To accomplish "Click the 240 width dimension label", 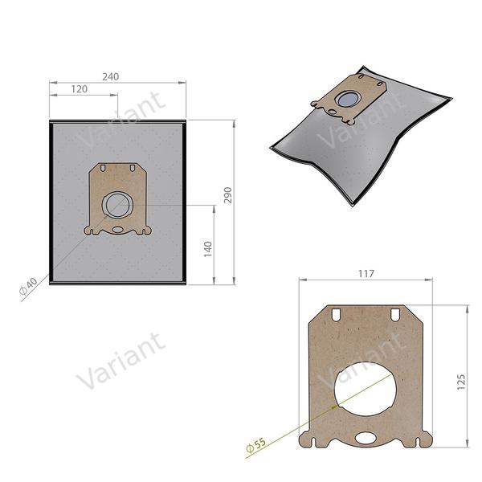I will coord(110,76).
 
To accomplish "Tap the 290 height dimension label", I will coord(227,195).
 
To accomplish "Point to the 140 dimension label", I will coord(207,248).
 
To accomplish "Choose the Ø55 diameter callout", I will coord(255,443).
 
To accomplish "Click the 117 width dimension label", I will coord(366,274).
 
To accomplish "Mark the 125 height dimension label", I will coord(460,381).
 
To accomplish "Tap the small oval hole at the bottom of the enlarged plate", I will coord(366,438).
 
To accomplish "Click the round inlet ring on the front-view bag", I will coord(117,203).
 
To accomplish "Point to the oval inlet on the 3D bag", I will coord(348,98).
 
